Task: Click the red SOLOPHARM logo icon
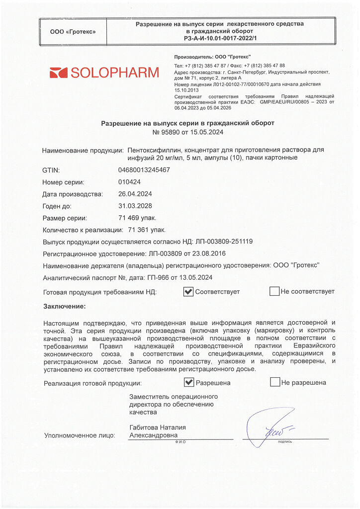(58, 73)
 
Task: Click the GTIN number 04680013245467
(144, 170)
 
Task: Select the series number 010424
(129, 182)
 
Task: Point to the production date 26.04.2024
(135, 194)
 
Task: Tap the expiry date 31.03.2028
(135, 206)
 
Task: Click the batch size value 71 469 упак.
(137, 218)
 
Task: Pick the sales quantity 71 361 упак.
(147, 230)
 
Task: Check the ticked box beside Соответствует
(188, 292)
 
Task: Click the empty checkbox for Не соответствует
(274, 292)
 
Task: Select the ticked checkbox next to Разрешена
(189, 382)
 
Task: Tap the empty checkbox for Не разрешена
(274, 382)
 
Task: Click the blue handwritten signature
(269, 426)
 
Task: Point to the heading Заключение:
(65, 306)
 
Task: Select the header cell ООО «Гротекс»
(73, 31)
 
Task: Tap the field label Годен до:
(57, 206)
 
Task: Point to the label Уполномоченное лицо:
(80, 435)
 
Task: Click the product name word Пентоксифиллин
(155, 150)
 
